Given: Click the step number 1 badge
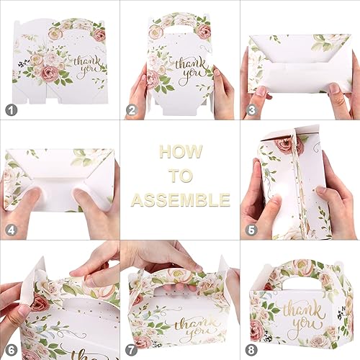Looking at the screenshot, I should pos(10,110).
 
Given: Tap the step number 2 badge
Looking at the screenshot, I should pos(130,110).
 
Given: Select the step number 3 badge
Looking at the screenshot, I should pos(251,110).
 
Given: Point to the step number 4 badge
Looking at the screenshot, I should pos(10,230).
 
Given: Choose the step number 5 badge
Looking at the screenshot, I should pos(251,230).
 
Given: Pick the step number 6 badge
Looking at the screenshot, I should pos(10,350).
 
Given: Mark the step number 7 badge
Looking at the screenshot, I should pos(130,350).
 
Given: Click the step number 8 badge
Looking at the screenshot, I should pos(251,350).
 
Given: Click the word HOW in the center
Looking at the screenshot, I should pos(180,153).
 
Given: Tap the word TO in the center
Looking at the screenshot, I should pos(180,176).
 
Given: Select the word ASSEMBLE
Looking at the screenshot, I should pos(180,199).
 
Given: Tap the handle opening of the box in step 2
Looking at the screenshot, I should pos(180,31).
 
